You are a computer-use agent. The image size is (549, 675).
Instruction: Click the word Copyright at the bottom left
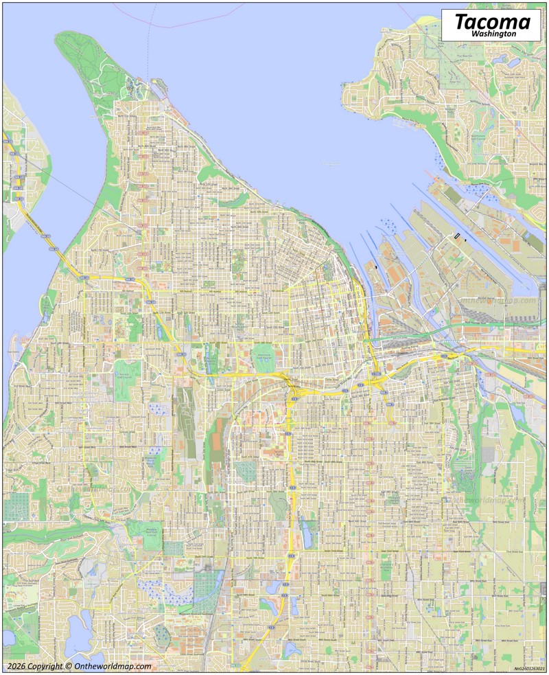pos(48,666)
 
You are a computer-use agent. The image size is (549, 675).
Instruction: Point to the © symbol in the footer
pos(69,666)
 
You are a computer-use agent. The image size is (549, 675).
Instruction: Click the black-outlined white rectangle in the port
pos(457,236)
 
